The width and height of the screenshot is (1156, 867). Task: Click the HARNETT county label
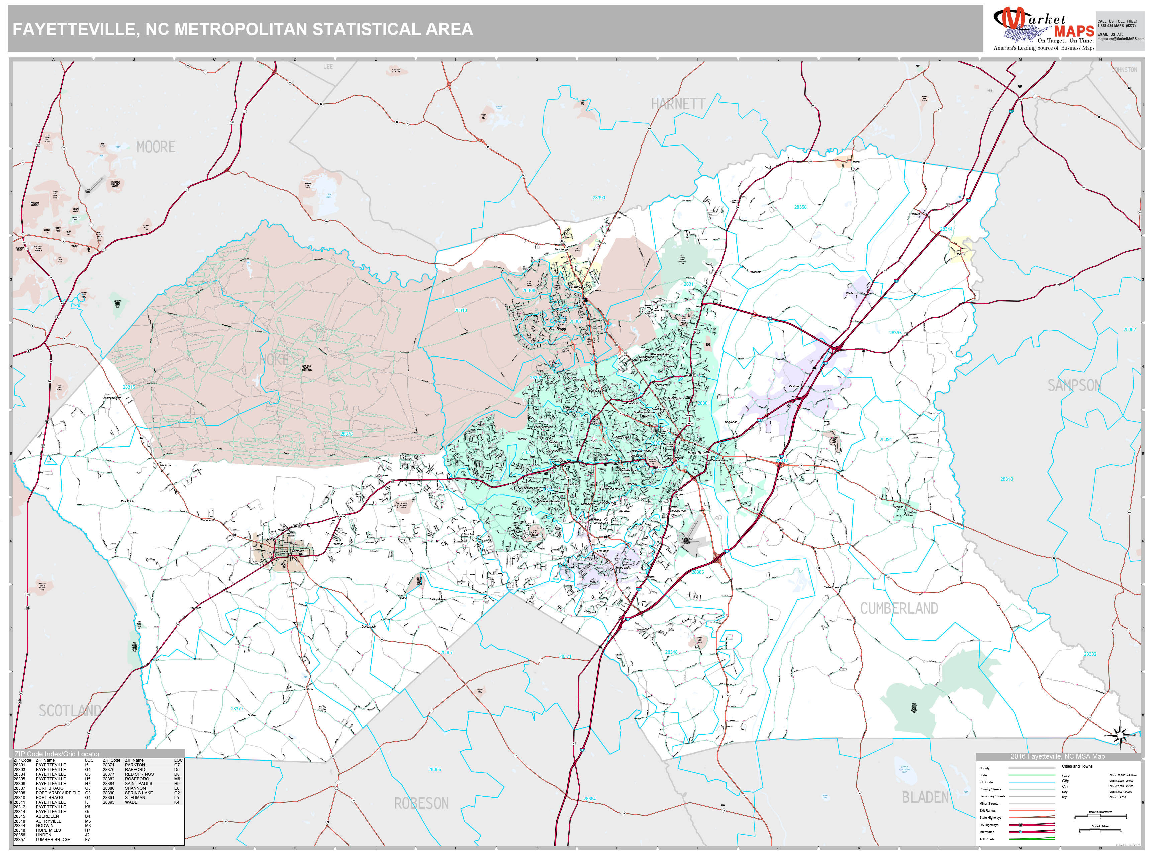[678, 104]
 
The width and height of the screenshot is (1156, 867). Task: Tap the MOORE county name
[156, 147]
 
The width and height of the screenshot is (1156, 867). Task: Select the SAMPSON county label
[1074, 385]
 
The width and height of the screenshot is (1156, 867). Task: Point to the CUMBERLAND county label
[899, 608]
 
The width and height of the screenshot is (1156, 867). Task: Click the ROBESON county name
[421, 803]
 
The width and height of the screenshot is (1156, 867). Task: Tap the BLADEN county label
[925, 797]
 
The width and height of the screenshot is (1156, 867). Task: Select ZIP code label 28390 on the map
[599, 198]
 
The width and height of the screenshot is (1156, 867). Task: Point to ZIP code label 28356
[800, 207]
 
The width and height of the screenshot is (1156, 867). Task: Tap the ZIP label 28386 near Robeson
[434, 769]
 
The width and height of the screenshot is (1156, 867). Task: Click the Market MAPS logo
[1043, 29]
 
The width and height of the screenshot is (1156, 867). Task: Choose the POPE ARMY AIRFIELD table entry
[58, 793]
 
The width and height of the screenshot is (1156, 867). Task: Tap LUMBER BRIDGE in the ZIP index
[53, 839]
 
